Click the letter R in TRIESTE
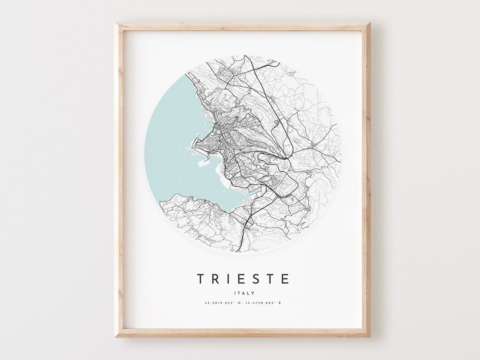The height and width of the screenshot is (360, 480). pos(215,279)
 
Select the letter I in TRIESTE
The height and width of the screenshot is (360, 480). pos(229,279)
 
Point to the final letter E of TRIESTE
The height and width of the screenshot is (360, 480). pos(285,279)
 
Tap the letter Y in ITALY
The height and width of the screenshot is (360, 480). pos(253,293)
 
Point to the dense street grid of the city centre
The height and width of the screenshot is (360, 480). pos(215,145)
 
